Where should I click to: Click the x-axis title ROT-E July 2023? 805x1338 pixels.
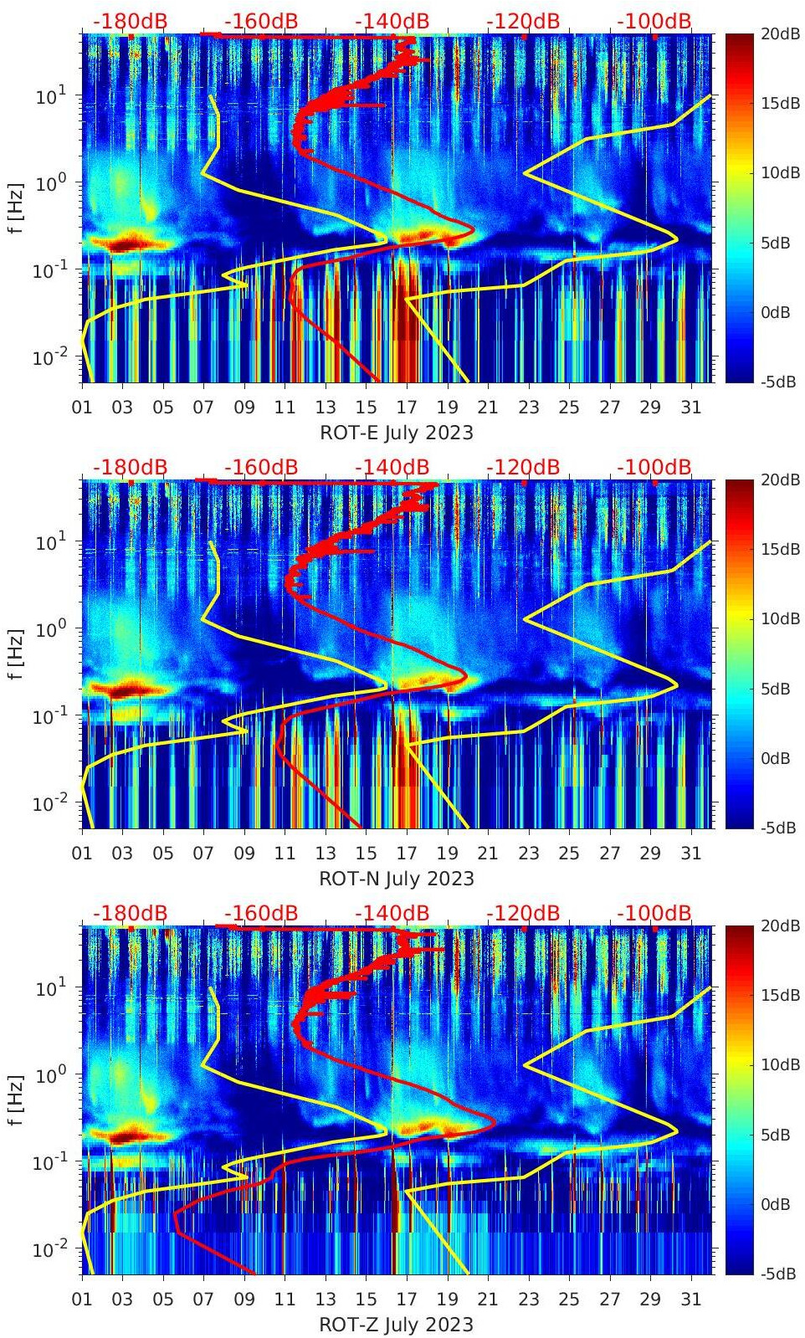397,433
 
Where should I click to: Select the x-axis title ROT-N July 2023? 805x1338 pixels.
397,879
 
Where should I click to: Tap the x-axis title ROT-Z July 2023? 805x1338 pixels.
397,1325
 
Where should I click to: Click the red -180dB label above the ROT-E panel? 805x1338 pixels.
130,21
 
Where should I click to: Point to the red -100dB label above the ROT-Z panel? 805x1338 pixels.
654,913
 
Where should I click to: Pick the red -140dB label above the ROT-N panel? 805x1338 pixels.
392,467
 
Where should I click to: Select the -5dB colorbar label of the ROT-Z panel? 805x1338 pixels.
778,1274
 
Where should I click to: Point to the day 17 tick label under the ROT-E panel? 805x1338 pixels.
407,408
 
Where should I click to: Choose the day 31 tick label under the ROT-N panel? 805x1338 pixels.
690,854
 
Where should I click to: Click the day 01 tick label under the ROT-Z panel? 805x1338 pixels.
82,1300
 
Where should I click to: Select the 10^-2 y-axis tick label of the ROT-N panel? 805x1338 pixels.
52,803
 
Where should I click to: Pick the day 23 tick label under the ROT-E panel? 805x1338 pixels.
528,408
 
